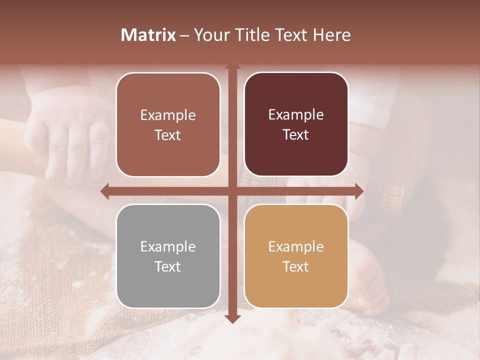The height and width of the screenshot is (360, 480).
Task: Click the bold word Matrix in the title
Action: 148,35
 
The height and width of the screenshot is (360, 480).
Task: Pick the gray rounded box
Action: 168,256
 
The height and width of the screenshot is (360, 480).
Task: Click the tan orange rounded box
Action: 296,256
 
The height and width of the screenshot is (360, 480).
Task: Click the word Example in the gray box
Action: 168,246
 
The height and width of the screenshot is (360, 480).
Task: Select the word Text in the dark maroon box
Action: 296,134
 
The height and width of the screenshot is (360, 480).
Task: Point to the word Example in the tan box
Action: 296,246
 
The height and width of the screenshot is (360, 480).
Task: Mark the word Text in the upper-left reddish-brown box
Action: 168,135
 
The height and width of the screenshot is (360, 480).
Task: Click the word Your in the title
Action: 210,35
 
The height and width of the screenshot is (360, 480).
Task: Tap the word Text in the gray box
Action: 168,266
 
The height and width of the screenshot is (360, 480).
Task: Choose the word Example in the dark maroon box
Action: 296,114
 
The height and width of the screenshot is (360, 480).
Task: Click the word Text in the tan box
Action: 296,266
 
